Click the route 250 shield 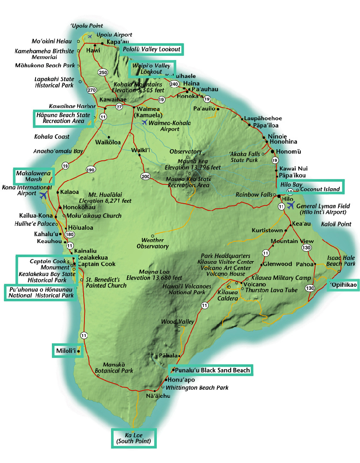(102, 72)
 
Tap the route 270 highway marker (91, 90)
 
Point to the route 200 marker (146, 176)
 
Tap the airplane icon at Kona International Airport (43, 195)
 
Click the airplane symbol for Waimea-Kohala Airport (144, 122)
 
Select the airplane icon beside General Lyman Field (291, 205)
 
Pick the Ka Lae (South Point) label (134, 438)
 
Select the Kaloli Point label (336, 224)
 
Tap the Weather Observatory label (153, 243)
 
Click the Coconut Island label (320, 189)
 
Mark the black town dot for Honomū (272, 152)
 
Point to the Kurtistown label (267, 231)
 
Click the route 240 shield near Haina (174, 84)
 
